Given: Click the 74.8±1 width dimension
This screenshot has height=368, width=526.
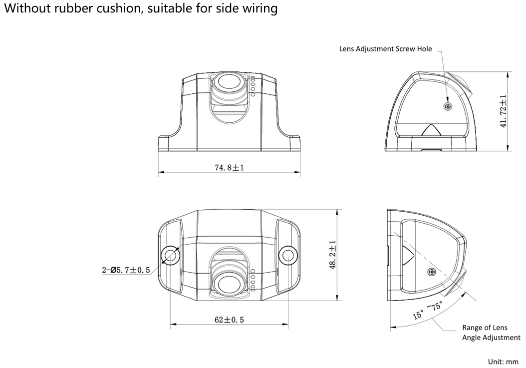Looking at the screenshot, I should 229,168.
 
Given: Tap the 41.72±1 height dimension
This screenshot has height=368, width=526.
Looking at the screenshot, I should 503,111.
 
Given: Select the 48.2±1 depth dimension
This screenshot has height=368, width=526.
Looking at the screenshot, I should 332,255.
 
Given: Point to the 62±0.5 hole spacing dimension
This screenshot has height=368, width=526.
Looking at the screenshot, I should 229,320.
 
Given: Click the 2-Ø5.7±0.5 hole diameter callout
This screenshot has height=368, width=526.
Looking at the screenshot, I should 126,270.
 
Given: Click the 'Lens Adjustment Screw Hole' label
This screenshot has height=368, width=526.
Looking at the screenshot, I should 385,49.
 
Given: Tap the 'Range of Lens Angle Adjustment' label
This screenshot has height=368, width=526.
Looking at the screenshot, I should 491,333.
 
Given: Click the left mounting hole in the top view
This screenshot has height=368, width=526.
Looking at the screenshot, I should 170,255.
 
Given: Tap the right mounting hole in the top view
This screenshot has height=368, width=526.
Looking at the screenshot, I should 287,255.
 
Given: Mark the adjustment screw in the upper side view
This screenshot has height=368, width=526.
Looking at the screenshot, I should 448,106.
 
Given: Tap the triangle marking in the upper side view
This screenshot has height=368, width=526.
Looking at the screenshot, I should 431,130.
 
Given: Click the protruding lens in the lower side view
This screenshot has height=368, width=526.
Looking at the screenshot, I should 458,285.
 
